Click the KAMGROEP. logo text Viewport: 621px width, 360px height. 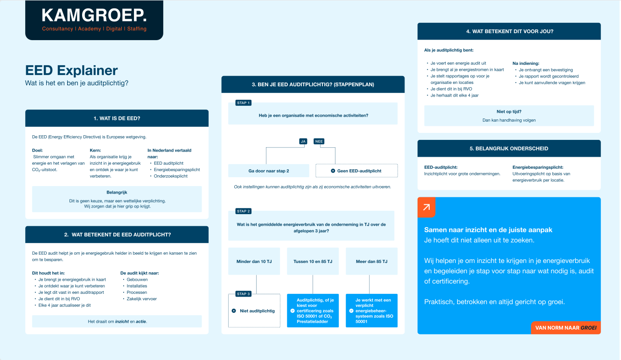point(94,15)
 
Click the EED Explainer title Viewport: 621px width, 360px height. point(71,70)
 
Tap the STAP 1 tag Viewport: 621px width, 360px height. point(244,103)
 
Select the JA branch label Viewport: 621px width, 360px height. point(303,141)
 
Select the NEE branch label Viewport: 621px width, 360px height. point(319,141)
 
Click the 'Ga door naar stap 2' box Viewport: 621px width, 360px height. point(269,171)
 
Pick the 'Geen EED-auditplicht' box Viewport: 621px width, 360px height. point(356,171)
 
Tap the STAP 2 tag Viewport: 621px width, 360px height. point(244,211)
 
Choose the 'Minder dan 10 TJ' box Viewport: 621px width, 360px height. point(254,261)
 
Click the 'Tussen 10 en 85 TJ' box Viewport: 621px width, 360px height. point(313,261)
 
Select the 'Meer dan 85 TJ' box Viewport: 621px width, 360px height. point(371,261)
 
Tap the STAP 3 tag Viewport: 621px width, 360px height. point(244,294)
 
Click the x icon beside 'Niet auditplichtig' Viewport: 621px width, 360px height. point(234,311)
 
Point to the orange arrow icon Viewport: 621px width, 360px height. point(426,208)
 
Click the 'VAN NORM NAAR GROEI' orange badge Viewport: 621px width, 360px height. point(566,328)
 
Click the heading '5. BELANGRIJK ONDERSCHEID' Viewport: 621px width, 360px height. point(509,149)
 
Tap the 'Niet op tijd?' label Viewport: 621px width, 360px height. point(509,112)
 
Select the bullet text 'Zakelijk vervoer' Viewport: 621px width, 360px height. point(142,299)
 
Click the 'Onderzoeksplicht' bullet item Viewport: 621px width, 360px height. point(170,176)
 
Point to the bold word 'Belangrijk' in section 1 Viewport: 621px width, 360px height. point(117,192)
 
